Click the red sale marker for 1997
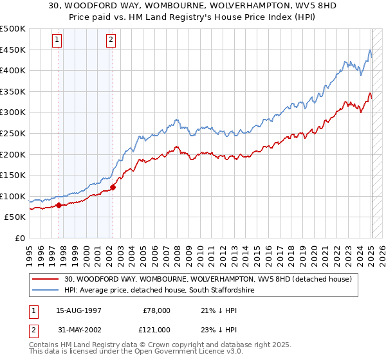[59, 206]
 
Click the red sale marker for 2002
[113, 188]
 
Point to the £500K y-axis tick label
[13, 29]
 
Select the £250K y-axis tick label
[13, 133]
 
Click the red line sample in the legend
[46, 280]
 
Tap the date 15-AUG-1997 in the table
[79, 310]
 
